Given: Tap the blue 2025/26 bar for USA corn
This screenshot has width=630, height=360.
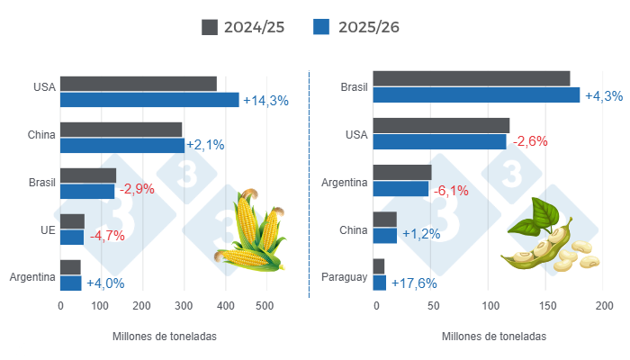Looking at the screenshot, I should tap(149, 100).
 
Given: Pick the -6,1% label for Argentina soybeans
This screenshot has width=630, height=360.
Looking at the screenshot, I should tap(452, 190).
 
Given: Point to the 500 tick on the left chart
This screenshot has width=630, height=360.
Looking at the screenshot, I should tap(265, 306).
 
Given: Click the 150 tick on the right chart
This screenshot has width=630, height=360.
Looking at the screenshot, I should tap(545, 306).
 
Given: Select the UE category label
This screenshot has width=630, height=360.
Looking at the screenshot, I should tap(48, 229).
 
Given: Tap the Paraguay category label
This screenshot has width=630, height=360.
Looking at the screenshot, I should tap(345, 276).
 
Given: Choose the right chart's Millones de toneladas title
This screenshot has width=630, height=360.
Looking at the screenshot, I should tap(493, 336).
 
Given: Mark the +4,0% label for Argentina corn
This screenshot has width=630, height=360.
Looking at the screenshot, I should tap(105, 283).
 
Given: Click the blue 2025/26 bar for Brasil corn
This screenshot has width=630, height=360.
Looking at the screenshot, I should tap(87, 191).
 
